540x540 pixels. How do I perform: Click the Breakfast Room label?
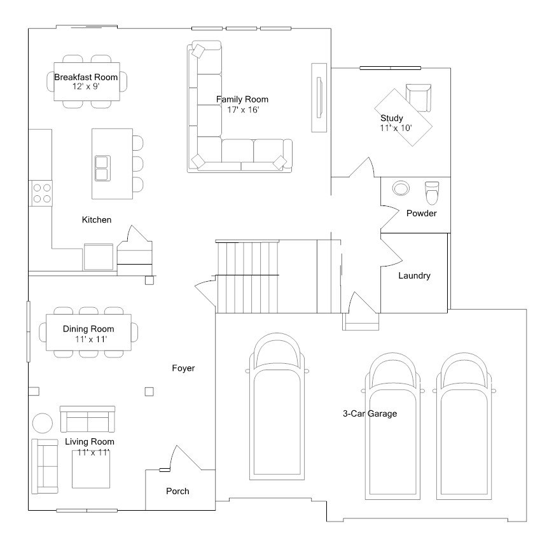86,77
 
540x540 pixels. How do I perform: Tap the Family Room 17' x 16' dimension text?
243,109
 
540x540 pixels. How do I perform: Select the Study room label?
392,118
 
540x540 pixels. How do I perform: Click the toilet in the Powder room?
432,190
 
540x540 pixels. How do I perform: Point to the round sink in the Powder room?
401,188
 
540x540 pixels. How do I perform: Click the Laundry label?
414,275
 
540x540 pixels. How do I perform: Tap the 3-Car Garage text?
370,413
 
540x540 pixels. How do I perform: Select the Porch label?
177,491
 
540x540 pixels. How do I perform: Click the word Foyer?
183,368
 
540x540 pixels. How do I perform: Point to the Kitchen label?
97,219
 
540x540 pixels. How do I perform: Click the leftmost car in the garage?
277,407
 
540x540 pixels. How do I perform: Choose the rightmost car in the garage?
464,426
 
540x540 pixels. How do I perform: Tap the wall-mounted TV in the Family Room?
319,97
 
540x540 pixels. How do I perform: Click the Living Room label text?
90,441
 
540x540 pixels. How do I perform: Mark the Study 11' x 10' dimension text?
396,128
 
